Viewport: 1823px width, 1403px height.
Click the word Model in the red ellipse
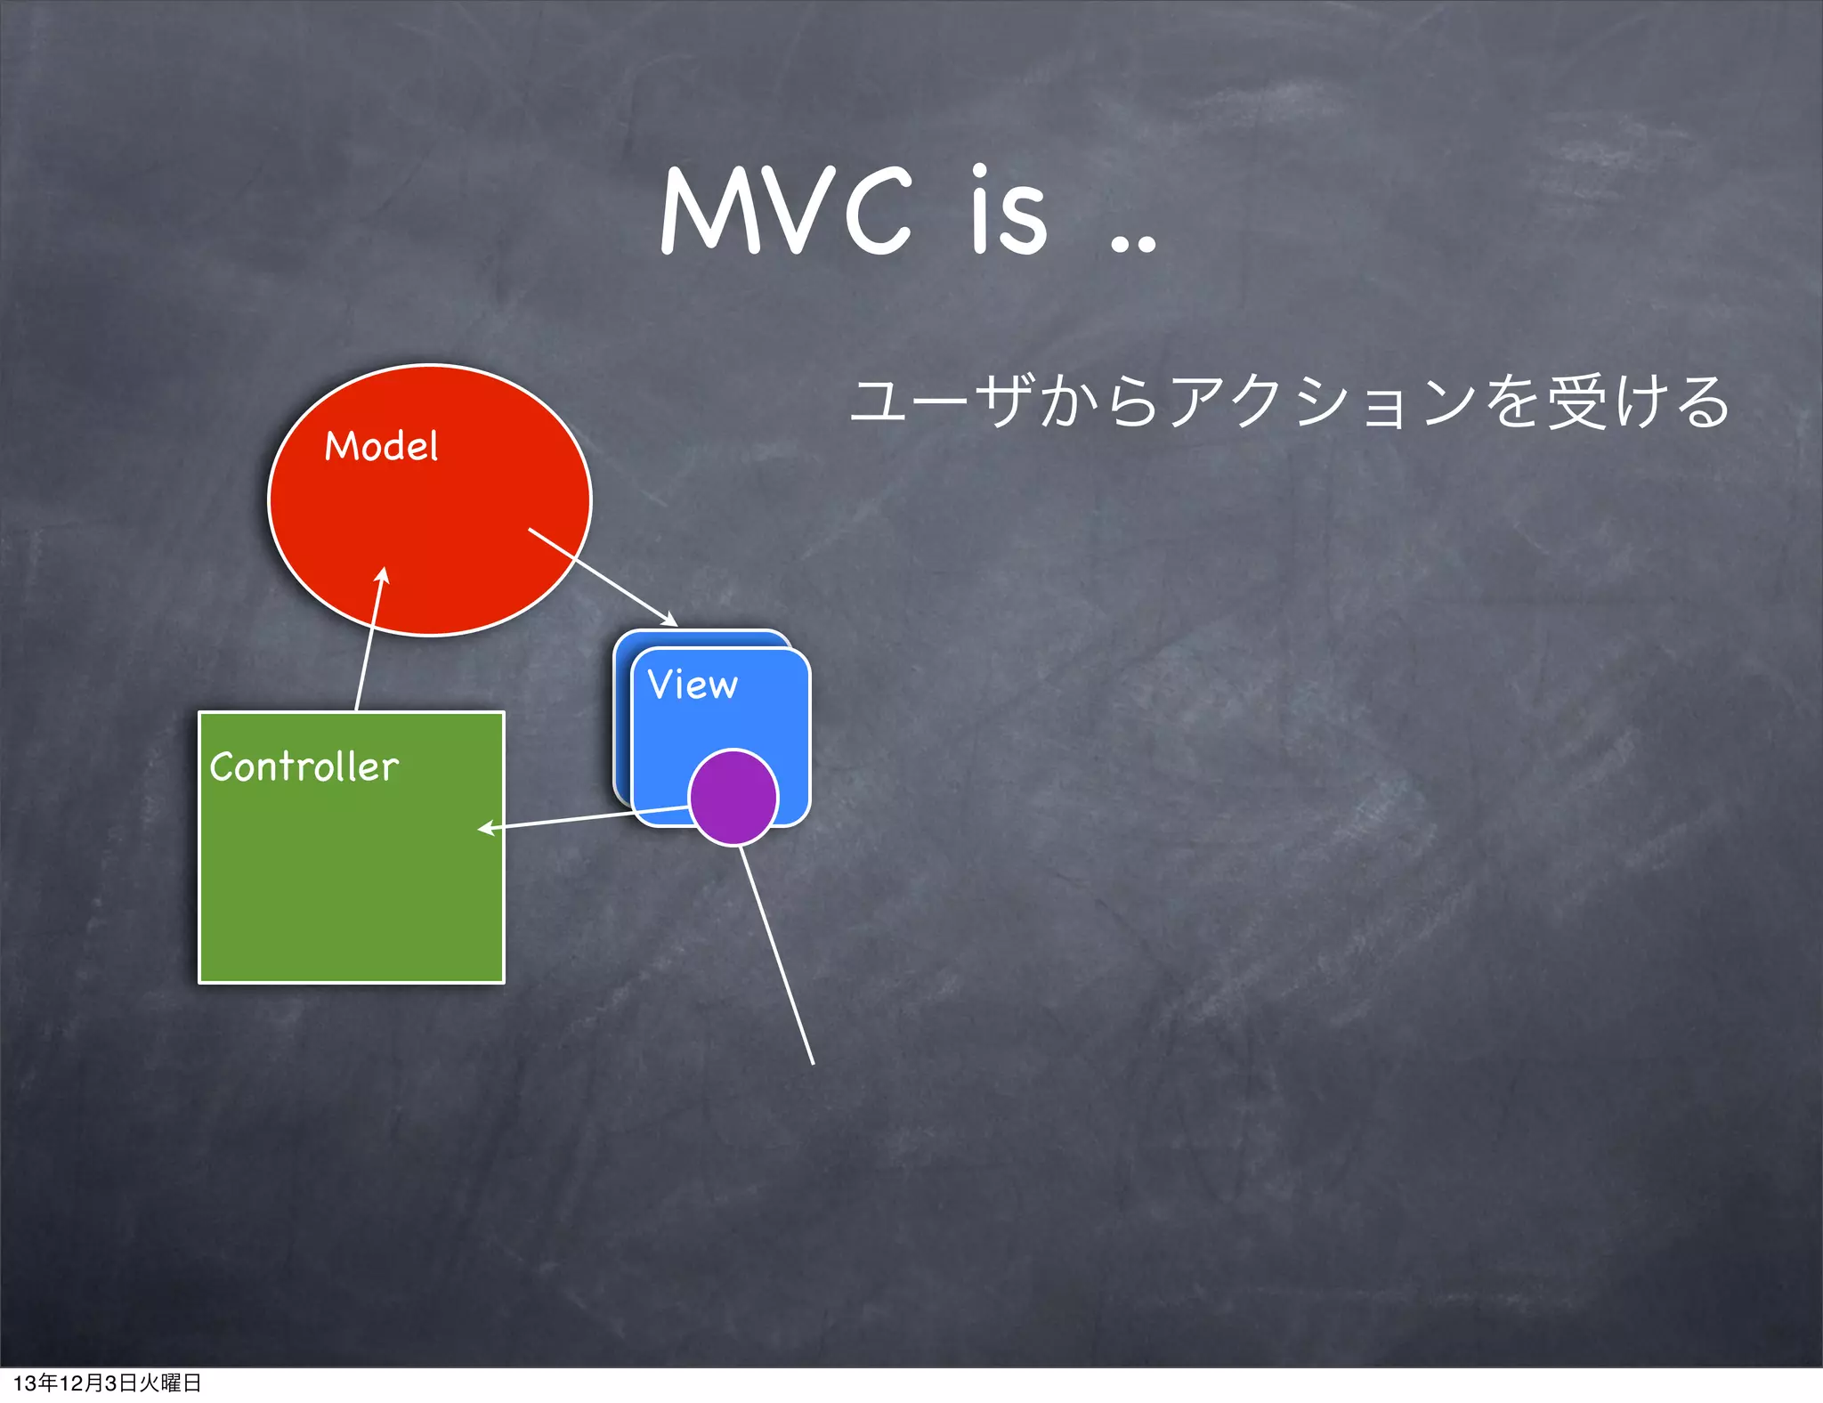(x=381, y=446)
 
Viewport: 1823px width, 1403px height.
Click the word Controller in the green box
(x=304, y=766)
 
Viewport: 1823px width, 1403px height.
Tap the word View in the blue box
(x=693, y=685)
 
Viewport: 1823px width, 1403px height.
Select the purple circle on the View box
(x=733, y=798)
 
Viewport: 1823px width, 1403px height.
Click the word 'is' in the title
(x=1009, y=212)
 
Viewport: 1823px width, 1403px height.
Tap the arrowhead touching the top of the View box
(x=669, y=620)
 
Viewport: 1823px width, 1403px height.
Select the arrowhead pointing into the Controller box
(x=486, y=829)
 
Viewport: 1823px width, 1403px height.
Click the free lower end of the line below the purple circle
(x=813, y=1063)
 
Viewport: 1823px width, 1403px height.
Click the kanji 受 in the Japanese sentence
(x=1577, y=402)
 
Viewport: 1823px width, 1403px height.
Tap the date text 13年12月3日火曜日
(x=107, y=1383)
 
